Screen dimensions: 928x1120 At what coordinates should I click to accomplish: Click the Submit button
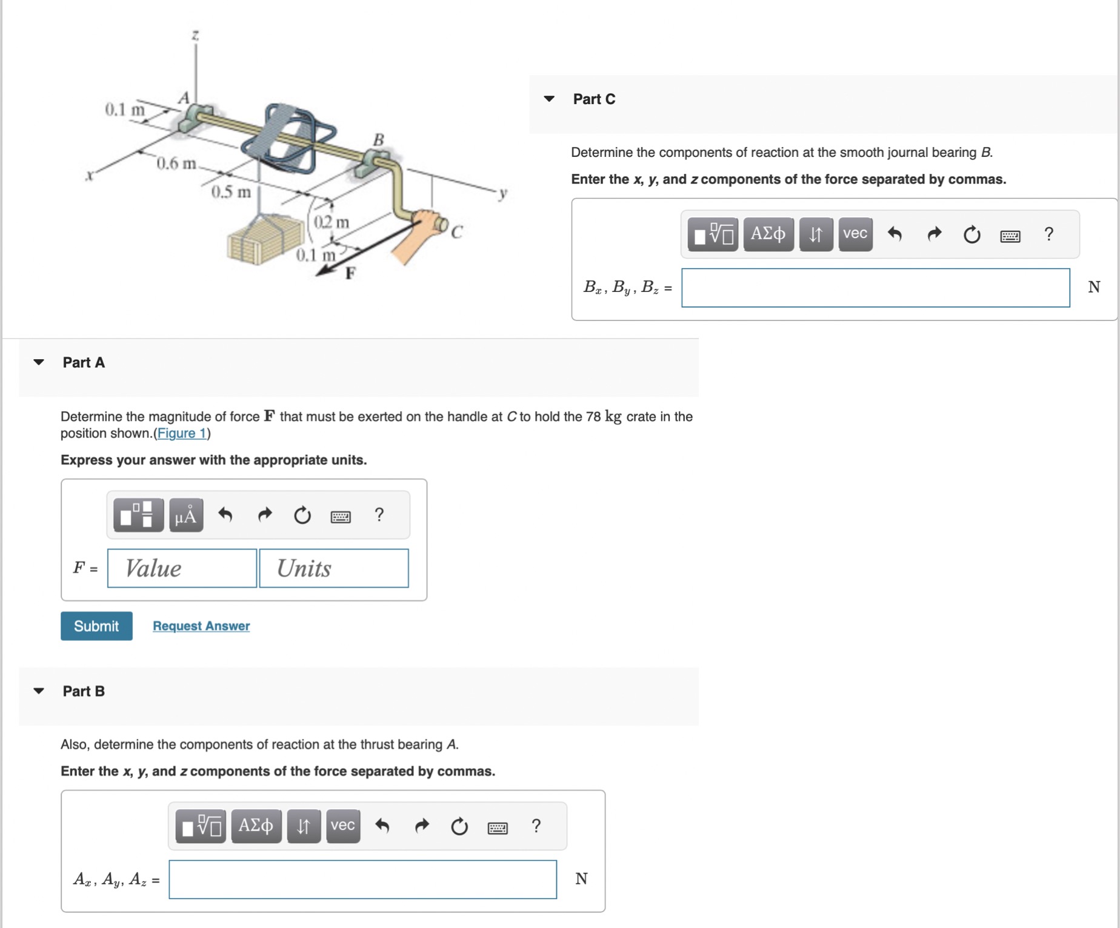pyautogui.click(x=96, y=626)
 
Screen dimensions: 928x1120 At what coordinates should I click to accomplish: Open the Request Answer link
pyautogui.click(x=201, y=626)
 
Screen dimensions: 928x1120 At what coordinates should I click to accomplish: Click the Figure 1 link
pyautogui.click(x=182, y=433)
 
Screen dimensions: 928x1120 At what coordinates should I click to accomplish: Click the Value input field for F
pyautogui.click(x=182, y=568)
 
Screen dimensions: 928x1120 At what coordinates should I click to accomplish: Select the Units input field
pyautogui.click(x=334, y=568)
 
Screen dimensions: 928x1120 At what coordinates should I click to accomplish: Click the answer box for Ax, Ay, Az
pyautogui.click(x=362, y=879)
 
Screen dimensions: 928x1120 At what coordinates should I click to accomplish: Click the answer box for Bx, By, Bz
pyautogui.click(x=875, y=288)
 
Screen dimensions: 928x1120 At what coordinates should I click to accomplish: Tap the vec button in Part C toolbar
pyautogui.click(x=855, y=234)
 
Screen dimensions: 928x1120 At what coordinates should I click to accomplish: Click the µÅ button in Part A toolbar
pyautogui.click(x=186, y=515)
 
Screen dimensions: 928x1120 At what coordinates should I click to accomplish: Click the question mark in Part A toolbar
pyautogui.click(x=379, y=515)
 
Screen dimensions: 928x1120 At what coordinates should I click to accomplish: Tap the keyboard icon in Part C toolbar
pyautogui.click(x=1010, y=236)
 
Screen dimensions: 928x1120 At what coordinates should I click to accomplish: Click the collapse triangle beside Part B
pyautogui.click(x=39, y=691)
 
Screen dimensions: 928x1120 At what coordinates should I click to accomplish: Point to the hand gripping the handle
pyautogui.click(x=420, y=233)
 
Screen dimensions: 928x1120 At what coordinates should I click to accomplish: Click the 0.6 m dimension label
pyautogui.click(x=176, y=164)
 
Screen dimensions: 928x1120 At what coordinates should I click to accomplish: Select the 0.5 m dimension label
pyautogui.click(x=231, y=192)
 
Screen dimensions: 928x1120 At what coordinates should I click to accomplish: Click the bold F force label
pyautogui.click(x=350, y=273)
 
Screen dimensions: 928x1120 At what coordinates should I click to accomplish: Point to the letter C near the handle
pyautogui.click(x=457, y=232)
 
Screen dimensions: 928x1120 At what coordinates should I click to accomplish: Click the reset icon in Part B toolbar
pyautogui.click(x=459, y=826)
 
